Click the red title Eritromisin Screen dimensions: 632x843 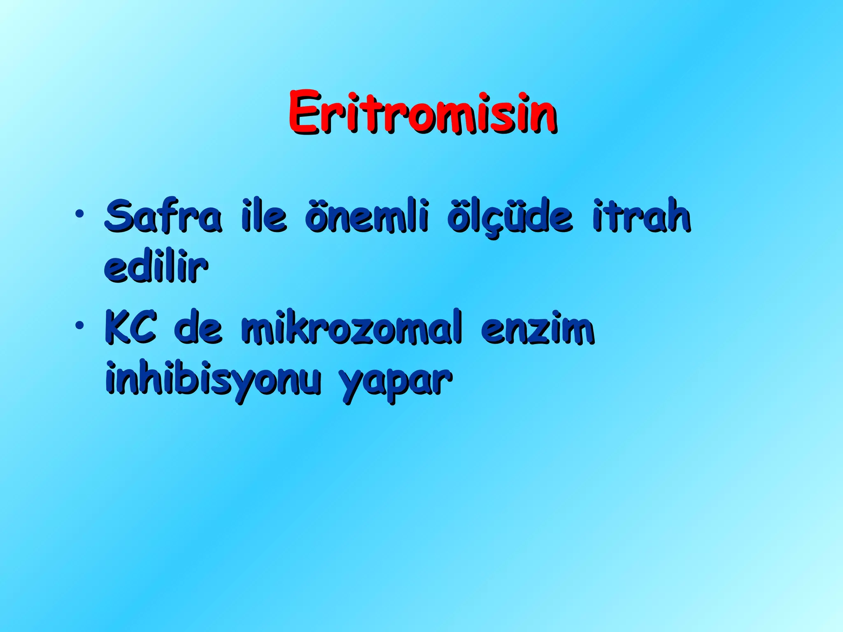pos(422,112)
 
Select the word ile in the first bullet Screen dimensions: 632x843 pos(263,215)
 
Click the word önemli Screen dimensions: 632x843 pos(367,215)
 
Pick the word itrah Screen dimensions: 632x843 pos(641,215)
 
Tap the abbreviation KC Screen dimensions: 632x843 pos(130,328)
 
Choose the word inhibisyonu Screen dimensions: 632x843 pos(213,379)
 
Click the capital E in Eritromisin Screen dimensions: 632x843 pos(305,112)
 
